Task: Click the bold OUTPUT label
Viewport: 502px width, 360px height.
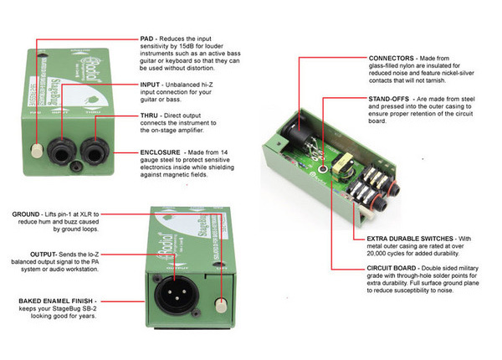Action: [23, 251]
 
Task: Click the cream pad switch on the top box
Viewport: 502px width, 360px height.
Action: [37, 152]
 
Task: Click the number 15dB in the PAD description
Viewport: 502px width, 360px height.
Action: [233, 49]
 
